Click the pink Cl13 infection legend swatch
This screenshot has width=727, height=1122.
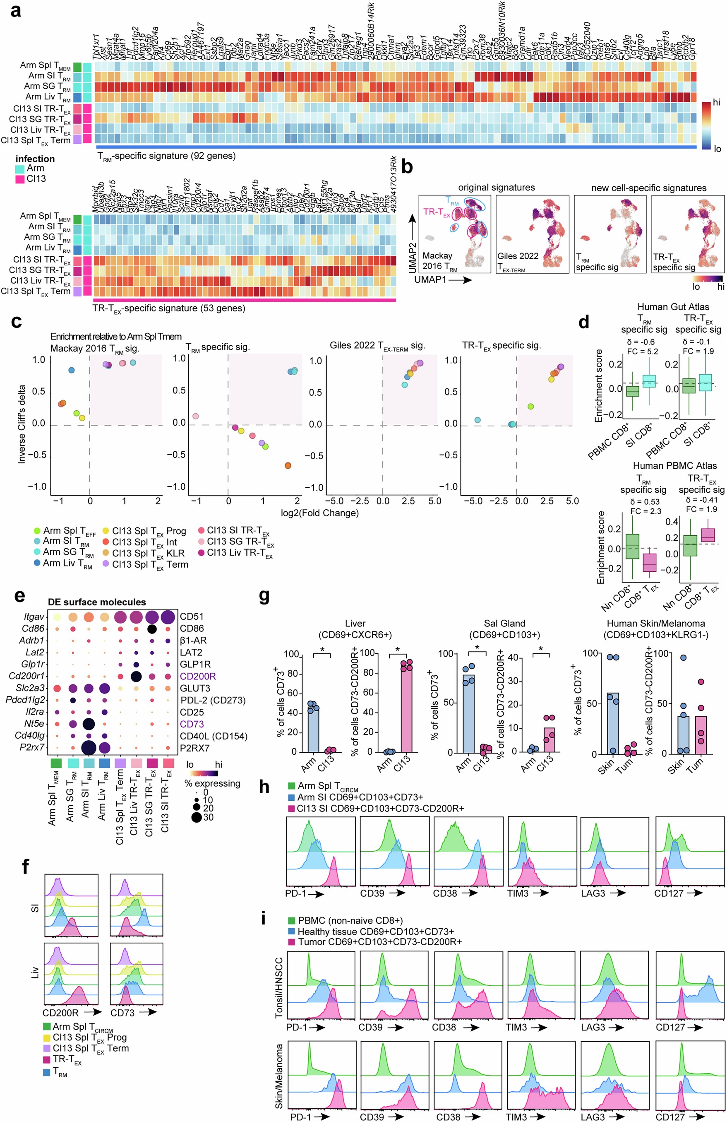(x=20, y=179)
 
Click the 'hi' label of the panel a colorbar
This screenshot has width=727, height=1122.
(x=716, y=102)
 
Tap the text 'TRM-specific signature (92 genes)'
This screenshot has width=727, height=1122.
(x=166, y=156)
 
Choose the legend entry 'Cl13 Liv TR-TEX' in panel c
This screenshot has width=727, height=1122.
(x=239, y=553)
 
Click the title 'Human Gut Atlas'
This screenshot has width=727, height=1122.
(x=673, y=307)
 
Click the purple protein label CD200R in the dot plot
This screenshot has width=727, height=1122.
(x=198, y=677)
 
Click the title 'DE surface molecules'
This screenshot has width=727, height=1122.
(x=96, y=602)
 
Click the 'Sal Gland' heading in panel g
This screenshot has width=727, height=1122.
(x=504, y=624)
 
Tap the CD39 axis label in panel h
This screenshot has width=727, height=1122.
(x=372, y=893)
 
